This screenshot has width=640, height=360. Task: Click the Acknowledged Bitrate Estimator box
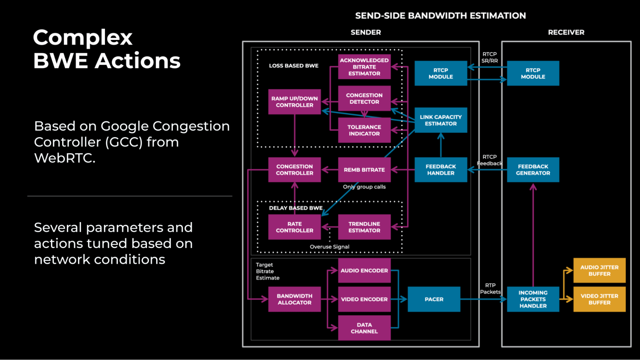pos(364,67)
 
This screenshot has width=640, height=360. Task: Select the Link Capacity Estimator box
pos(441,120)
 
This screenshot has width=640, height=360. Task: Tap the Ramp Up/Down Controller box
pos(294,102)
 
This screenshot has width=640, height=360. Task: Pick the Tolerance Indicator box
pos(364,130)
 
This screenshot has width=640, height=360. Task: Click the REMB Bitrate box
pos(364,170)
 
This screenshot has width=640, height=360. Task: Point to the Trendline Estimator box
pos(364,227)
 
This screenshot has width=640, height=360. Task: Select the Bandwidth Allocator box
pos(294,299)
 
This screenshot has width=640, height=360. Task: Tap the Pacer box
pos(434,299)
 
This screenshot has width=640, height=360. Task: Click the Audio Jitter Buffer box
pos(599,270)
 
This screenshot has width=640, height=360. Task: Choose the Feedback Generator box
pos(533,170)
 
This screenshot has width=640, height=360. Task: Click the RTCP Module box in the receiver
pos(533,73)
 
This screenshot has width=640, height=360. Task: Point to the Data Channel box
pos(364,328)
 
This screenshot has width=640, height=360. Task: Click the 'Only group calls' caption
pos(364,187)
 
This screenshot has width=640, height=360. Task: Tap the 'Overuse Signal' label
pos(329,247)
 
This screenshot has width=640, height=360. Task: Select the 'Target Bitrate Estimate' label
pos(267,271)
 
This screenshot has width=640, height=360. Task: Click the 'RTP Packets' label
pos(490,288)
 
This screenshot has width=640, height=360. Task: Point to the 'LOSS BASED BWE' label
pos(294,66)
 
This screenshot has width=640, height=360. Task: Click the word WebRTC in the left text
pos(64,158)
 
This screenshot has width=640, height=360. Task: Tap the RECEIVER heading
pos(566,32)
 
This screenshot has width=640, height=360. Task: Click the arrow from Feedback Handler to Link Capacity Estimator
pos(441,146)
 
